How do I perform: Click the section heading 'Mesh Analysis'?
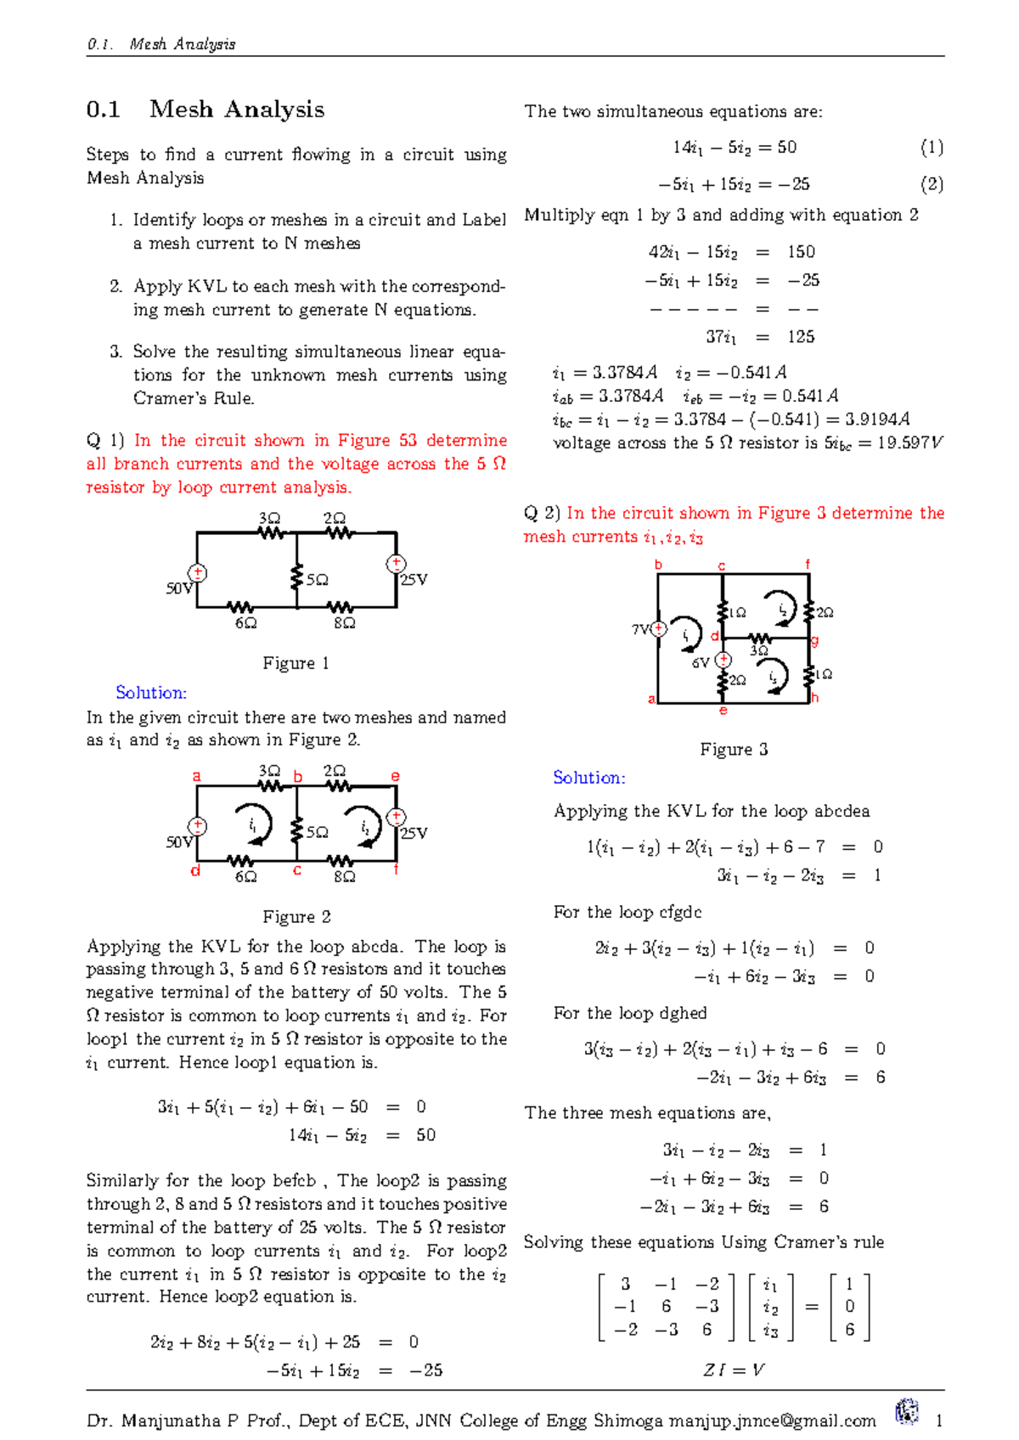[x=236, y=110]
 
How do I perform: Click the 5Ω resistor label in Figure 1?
[x=317, y=580]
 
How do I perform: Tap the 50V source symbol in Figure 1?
[x=197, y=574]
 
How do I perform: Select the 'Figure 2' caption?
[x=296, y=917]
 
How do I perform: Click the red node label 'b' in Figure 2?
[x=298, y=777]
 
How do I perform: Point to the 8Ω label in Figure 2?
[x=344, y=876]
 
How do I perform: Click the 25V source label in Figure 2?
[x=414, y=833]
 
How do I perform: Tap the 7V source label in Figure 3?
[x=640, y=629]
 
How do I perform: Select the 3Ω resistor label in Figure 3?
[x=759, y=651]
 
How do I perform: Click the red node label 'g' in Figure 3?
[x=814, y=640]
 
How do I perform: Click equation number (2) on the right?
[x=932, y=184]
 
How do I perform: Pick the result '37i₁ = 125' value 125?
[x=801, y=337]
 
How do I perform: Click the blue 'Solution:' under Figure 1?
[x=151, y=693]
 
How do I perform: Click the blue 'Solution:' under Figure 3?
[x=588, y=778]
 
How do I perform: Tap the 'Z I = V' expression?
[x=734, y=1370]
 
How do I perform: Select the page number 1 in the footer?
[x=939, y=1420]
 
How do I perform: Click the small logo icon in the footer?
[x=907, y=1412]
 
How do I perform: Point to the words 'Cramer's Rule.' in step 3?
[x=194, y=398]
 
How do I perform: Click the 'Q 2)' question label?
[x=542, y=513]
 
